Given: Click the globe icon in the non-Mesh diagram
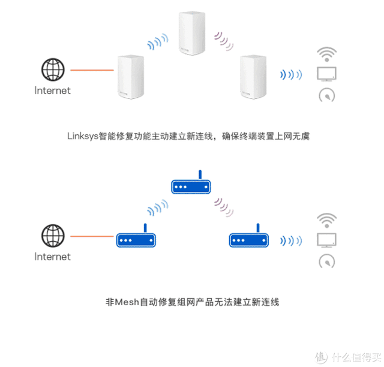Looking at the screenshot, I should click(x=52, y=234).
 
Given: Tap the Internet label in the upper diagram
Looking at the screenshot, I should click(x=52, y=91).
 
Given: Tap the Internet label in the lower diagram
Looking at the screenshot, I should click(x=52, y=257).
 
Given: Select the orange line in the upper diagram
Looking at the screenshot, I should click(x=92, y=70).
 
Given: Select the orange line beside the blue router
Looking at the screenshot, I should click(x=92, y=236).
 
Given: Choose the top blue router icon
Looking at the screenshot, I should click(x=191, y=185).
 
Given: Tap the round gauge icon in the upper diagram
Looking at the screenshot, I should click(x=327, y=95).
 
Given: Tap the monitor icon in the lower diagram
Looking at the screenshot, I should click(x=327, y=240).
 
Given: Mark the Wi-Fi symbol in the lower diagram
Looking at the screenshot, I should click(x=327, y=220).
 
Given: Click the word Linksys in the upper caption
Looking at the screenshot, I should click(x=82, y=136).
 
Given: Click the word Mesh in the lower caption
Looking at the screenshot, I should click(x=125, y=302).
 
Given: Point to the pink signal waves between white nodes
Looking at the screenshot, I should click(x=225, y=39).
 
